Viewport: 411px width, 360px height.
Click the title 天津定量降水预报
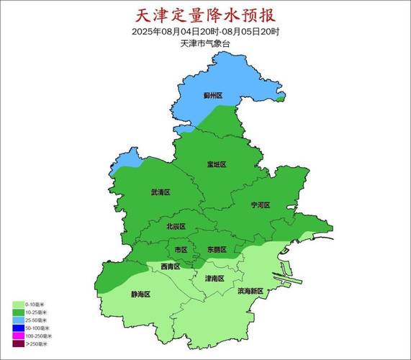(206, 15)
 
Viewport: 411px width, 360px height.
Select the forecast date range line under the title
(206, 32)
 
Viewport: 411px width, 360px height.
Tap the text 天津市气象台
(206, 44)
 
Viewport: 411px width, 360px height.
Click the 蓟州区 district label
(212, 96)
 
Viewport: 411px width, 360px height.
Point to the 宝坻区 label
(216, 165)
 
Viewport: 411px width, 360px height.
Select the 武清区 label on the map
(160, 193)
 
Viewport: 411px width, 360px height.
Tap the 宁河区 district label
(260, 205)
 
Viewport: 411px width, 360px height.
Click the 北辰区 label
(176, 227)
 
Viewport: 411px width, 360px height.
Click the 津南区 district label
(214, 278)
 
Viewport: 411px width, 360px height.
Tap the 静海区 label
(140, 294)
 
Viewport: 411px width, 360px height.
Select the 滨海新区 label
(251, 292)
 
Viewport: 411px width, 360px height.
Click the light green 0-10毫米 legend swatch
(19, 305)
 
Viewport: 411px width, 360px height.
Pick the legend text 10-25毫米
(38, 312)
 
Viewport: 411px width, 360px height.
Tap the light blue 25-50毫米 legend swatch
(19, 320)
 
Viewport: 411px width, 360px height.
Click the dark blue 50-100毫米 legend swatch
(19, 328)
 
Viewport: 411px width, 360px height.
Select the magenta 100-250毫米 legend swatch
(19, 336)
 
